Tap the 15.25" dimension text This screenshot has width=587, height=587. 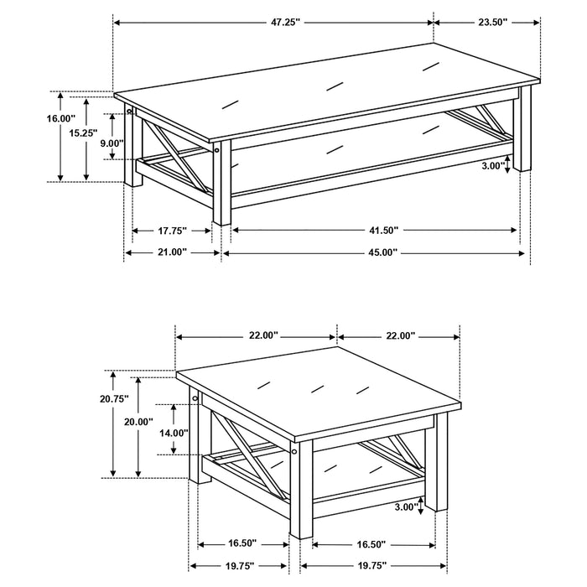(x=83, y=132)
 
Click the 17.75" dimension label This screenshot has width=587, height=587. (x=171, y=229)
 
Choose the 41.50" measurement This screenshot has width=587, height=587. (x=373, y=229)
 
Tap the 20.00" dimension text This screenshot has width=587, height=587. (x=139, y=422)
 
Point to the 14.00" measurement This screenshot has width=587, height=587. (x=173, y=433)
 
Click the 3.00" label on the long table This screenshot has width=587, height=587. (x=495, y=166)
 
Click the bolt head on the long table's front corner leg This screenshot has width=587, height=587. (x=216, y=152)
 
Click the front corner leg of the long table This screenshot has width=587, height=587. (x=221, y=184)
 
